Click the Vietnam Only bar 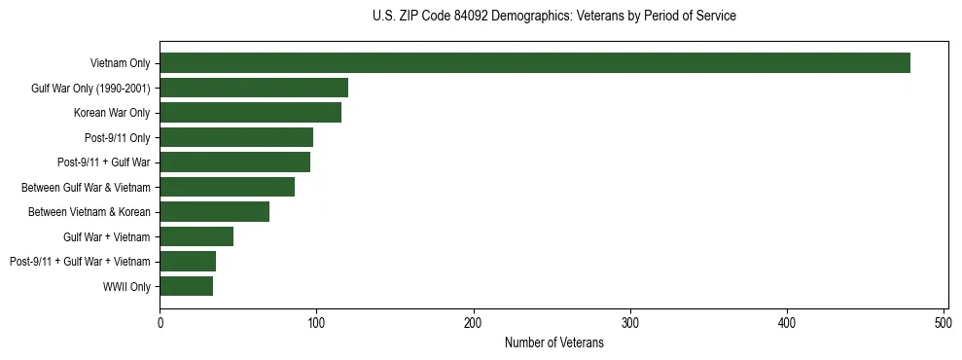tap(535, 63)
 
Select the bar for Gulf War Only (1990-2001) tap(254, 89)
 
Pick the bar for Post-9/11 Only tap(236, 137)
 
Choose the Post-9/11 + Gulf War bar tap(235, 162)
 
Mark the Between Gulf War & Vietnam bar tap(228, 187)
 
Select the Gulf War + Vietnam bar tap(196, 236)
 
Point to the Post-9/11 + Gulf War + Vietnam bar tap(188, 261)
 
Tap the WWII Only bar tap(187, 286)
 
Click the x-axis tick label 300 tap(630, 323)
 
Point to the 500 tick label tap(944, 323)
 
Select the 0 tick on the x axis tap(160, 323)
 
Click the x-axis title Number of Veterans tap(554, 343)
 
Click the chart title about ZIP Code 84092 tap(554, 17)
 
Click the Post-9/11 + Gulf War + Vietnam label tap(80, 261)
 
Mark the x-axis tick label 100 tap(317, 323)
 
